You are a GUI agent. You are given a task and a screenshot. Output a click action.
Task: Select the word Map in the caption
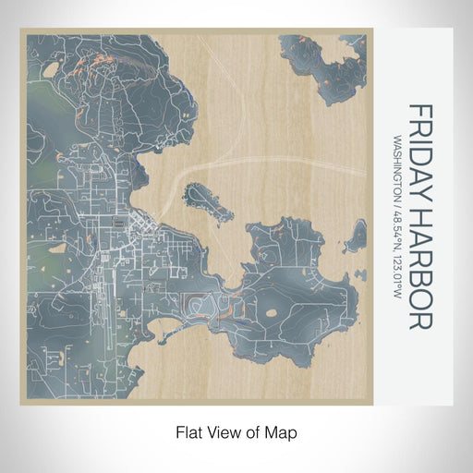285,431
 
